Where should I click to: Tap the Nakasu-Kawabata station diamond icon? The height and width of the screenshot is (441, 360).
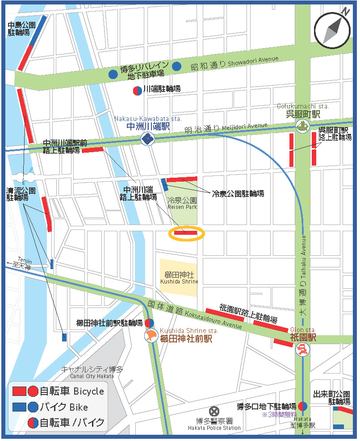point(147,139)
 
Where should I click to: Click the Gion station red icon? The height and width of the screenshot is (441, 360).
point(302,349)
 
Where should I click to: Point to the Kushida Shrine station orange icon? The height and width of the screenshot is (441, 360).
point(151,336)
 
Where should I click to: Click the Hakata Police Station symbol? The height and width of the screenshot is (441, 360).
point(215,411)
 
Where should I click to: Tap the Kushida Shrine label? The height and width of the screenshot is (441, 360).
point(178,278)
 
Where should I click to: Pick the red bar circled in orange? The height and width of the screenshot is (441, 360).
point(185,232)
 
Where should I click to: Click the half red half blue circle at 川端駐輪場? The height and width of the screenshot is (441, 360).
point(138,90)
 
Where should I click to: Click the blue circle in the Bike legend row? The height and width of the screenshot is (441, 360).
point(33,407)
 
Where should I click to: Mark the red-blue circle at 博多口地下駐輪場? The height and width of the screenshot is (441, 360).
point(302,406)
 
